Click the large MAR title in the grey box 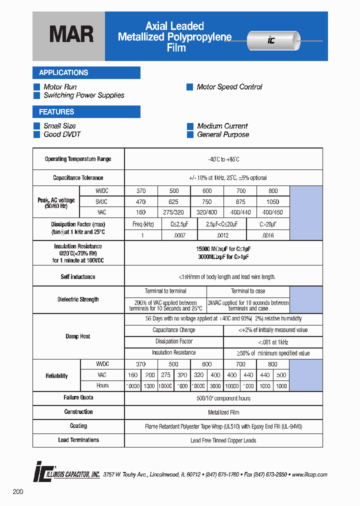pos(71,35)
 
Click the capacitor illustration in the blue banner pos(274,41)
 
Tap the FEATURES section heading pos(56,112)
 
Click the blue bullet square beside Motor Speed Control pos(190,87)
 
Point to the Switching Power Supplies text pos(83,95)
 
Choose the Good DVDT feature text pos(62,134)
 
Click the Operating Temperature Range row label pos(78,159)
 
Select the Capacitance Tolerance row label pos(78,178)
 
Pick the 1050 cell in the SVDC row pos(272,201)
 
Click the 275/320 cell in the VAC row pos(174,212)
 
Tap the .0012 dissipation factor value pos(223,235)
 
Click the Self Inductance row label pos(78,277)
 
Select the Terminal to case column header pos(248,291)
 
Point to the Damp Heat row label pos(78,336)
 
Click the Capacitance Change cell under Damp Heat pos(173,330)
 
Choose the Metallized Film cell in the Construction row pos(223,412)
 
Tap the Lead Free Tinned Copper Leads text pos(223,440)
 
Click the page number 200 pos(18,492)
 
